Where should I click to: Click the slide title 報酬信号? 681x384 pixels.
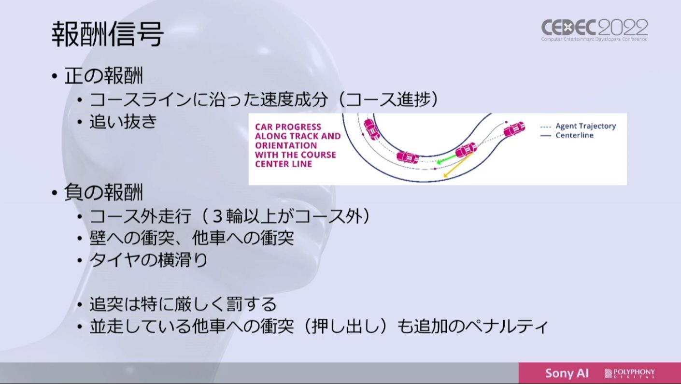(x=107, y=34)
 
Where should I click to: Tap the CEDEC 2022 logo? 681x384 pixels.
(x=595, y=30)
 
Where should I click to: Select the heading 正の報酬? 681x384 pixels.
(x=103, y=76)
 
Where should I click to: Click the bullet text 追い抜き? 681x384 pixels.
(x=123, y=122)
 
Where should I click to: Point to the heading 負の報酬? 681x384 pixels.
(x=103, y=192)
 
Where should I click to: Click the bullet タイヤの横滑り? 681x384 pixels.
(x=148, y=260)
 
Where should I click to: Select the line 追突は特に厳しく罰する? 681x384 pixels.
(x=183, y=304)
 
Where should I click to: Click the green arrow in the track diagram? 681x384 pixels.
(x=447, y=159)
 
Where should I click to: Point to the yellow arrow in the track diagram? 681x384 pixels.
(x=458, y=165)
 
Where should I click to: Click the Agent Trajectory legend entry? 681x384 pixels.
(x=578, y=126)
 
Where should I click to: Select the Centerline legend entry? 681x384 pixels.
(x=567, y=135)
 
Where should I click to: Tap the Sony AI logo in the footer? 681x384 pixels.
(x=567, y=373)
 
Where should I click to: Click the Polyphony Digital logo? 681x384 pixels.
(x=630, y=373)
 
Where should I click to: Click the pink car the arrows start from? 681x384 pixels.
(x=466, y=150)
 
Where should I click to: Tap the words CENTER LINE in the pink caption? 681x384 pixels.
(x=284, y=164)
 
